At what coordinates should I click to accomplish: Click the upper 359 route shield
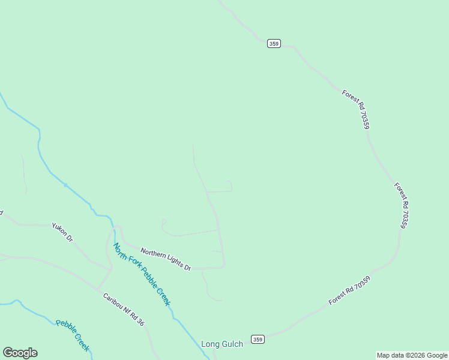274,43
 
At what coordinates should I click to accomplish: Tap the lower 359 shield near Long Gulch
258,339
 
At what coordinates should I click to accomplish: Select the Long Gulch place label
222,344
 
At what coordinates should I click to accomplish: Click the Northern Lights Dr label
166,259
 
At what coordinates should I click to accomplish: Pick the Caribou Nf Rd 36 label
124,310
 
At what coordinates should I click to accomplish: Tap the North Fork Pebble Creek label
142,275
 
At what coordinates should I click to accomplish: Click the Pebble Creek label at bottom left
73,335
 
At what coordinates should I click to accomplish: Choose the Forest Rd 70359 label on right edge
402,206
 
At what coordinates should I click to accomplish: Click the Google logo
20,353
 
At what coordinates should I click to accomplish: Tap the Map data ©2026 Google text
412,355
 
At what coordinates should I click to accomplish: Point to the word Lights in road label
174,263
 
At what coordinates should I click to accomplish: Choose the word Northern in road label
153,253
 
